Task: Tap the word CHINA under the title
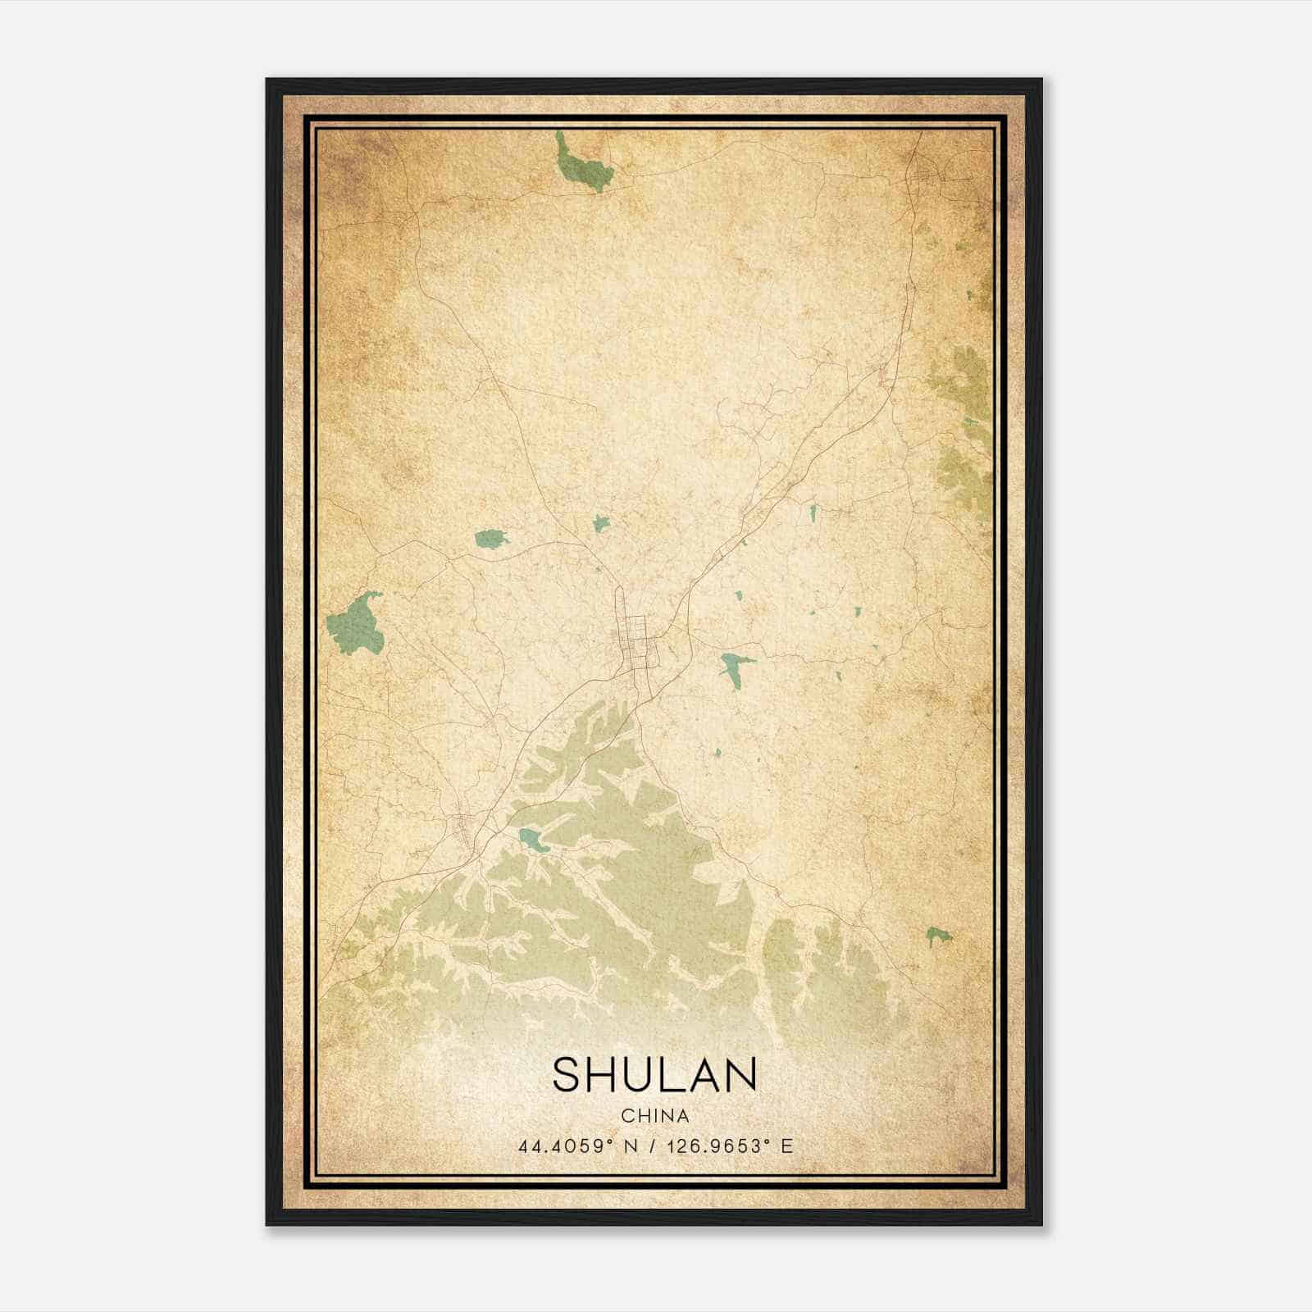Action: tap(654, 1115)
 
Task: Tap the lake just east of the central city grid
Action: tap(734, 666)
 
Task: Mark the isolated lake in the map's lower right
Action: tap(937, 934)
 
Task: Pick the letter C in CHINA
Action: tap(626, 1115)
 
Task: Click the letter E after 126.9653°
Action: tap(787, 1146)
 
